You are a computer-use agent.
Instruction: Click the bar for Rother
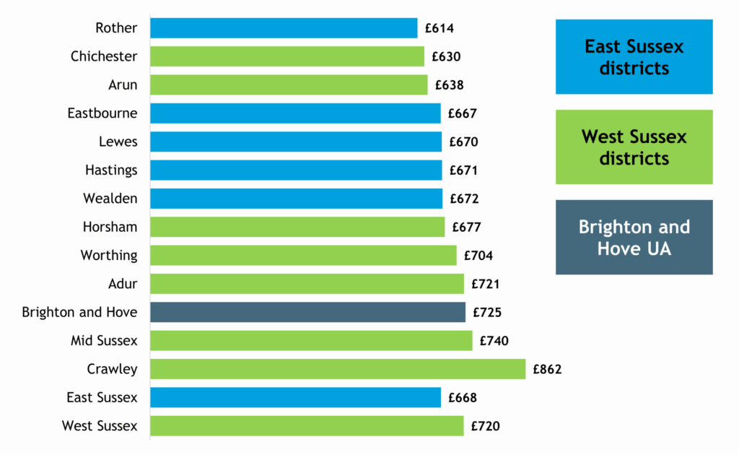[284, 28]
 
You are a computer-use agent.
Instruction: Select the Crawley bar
[338, 369]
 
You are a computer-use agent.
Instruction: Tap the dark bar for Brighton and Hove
[307, 312]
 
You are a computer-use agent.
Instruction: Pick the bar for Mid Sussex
[311, 341]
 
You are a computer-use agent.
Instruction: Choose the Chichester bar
[287, 56]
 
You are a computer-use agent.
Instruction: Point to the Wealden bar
[296, 199]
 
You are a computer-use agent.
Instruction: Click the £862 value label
[547, 370]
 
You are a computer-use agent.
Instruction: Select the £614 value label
[440, 29]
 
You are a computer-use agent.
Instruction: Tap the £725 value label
[487, 313]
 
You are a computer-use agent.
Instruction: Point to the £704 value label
[478, 256]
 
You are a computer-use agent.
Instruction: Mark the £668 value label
[463, 398]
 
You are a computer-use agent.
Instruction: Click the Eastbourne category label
[102, 113]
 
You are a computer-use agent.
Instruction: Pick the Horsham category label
[110, 227]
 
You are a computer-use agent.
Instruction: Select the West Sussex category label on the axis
[99, 426]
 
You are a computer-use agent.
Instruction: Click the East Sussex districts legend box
[634, 57]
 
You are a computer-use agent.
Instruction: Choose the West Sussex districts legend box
[634, 147]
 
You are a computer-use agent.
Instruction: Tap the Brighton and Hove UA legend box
[634, 237]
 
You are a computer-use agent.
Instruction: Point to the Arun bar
[289, 85]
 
